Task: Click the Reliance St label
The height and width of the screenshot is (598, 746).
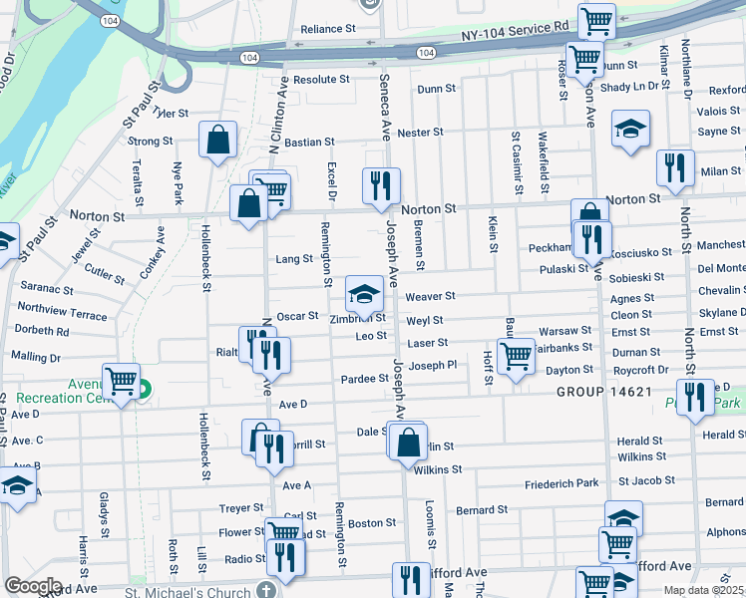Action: (328, 30)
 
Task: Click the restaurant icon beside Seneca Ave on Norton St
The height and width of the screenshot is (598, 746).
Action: (380, 185)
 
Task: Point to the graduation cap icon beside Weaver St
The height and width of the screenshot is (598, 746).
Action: (364, 293)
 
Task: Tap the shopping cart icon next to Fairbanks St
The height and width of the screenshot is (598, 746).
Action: (516, 355)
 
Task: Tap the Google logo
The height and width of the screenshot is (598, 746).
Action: (33, 587)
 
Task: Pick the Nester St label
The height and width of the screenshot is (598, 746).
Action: (420, 133)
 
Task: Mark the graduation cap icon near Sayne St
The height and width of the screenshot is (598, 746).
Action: (630, 131)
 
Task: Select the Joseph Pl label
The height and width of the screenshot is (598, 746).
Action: (432, 366)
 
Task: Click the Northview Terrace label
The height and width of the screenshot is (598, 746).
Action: (62, 314)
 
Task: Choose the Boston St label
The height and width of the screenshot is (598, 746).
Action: (372, 523)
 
